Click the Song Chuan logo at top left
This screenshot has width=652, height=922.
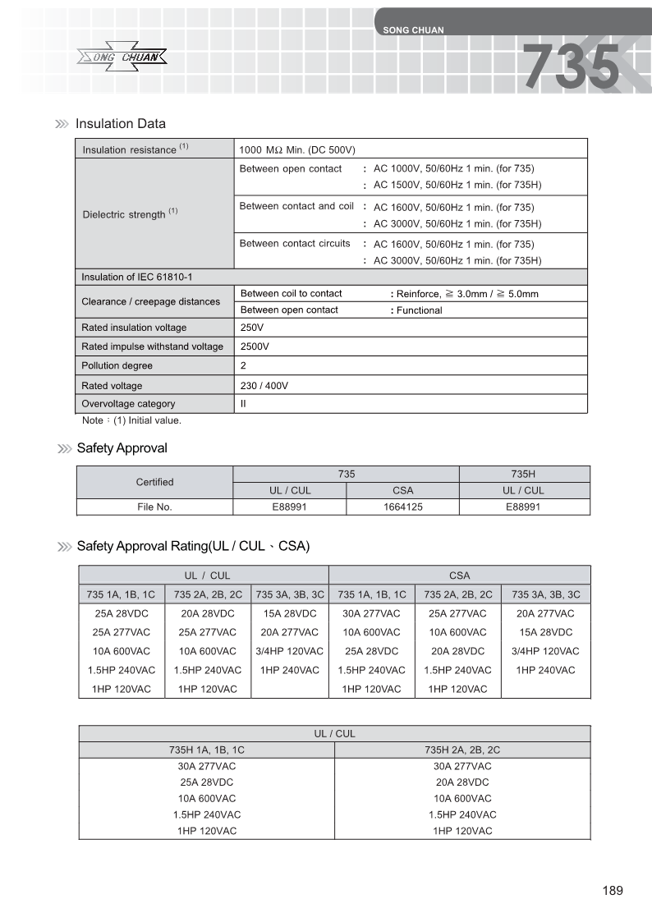122,57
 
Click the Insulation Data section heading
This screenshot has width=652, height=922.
120,124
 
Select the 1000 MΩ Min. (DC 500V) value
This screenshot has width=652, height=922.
296,150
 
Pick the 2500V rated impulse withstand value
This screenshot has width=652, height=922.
254,346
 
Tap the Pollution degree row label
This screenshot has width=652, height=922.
117,365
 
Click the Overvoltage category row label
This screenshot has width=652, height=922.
128,404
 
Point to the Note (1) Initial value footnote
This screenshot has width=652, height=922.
131,420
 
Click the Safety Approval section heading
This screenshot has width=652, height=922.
122,448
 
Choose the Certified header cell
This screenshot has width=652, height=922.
154,482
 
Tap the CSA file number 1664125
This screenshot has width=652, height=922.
402,507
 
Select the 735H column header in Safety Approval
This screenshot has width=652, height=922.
523,474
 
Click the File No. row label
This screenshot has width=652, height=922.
154,507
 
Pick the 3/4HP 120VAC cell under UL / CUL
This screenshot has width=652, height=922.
289,651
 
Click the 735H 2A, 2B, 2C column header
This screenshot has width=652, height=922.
462,750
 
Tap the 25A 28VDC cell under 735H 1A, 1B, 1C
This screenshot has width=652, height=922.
207,782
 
